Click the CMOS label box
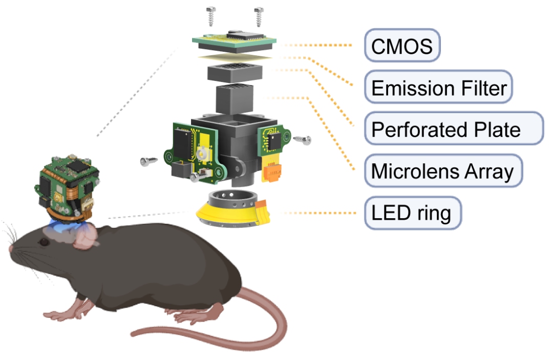pos(402,46)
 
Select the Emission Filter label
pos(438,87)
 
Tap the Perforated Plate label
pos(454,129)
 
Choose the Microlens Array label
pos(443,171)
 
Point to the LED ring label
pos(413,213)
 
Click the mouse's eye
pos(44,242)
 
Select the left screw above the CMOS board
pos(211,16)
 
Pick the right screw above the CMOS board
pos(259,16)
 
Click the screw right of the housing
pos(302,140)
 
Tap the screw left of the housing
pos(149,161)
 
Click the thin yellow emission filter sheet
pos(235,57)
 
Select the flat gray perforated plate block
pos(235,73)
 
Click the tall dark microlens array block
pos(235,99)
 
